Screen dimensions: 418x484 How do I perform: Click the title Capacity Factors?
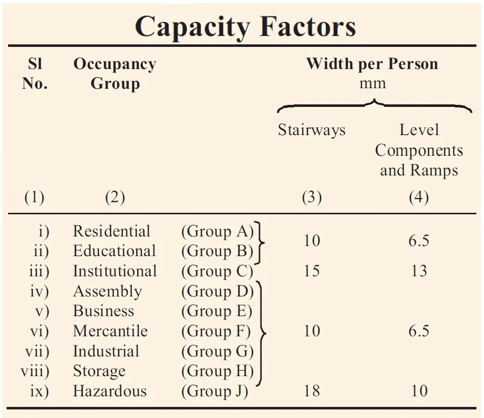pos(245,26)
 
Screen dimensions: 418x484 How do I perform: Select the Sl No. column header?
pos(34,74)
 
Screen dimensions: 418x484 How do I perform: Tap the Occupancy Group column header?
pos(115,74)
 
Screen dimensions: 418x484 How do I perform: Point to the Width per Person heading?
pos(372,64)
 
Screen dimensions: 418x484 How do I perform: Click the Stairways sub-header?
pos(311,130)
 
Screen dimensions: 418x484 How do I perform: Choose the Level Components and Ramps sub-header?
pos(419,150)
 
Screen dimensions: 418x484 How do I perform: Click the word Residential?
pos(112,231)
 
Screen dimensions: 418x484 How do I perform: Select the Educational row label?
pos(114,251)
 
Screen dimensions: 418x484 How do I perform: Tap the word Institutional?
pos(115,271)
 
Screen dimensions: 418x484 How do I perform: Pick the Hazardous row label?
pos(110,391)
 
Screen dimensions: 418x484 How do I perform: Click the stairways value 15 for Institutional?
pos(311,271)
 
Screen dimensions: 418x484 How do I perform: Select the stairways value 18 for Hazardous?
pos(311,391)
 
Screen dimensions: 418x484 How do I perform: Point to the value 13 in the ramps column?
pos(419,271)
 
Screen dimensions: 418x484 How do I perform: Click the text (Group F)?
pos(216,331)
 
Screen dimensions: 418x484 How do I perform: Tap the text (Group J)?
pos(214,391)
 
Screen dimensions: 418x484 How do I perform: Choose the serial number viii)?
pos(35,372)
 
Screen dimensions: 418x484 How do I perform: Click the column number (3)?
pos(311,198)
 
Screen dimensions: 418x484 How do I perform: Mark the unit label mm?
pos(372,83)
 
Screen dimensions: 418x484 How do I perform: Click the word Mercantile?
pos(110,331)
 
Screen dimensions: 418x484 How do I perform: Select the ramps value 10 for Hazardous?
pos(419,391)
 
